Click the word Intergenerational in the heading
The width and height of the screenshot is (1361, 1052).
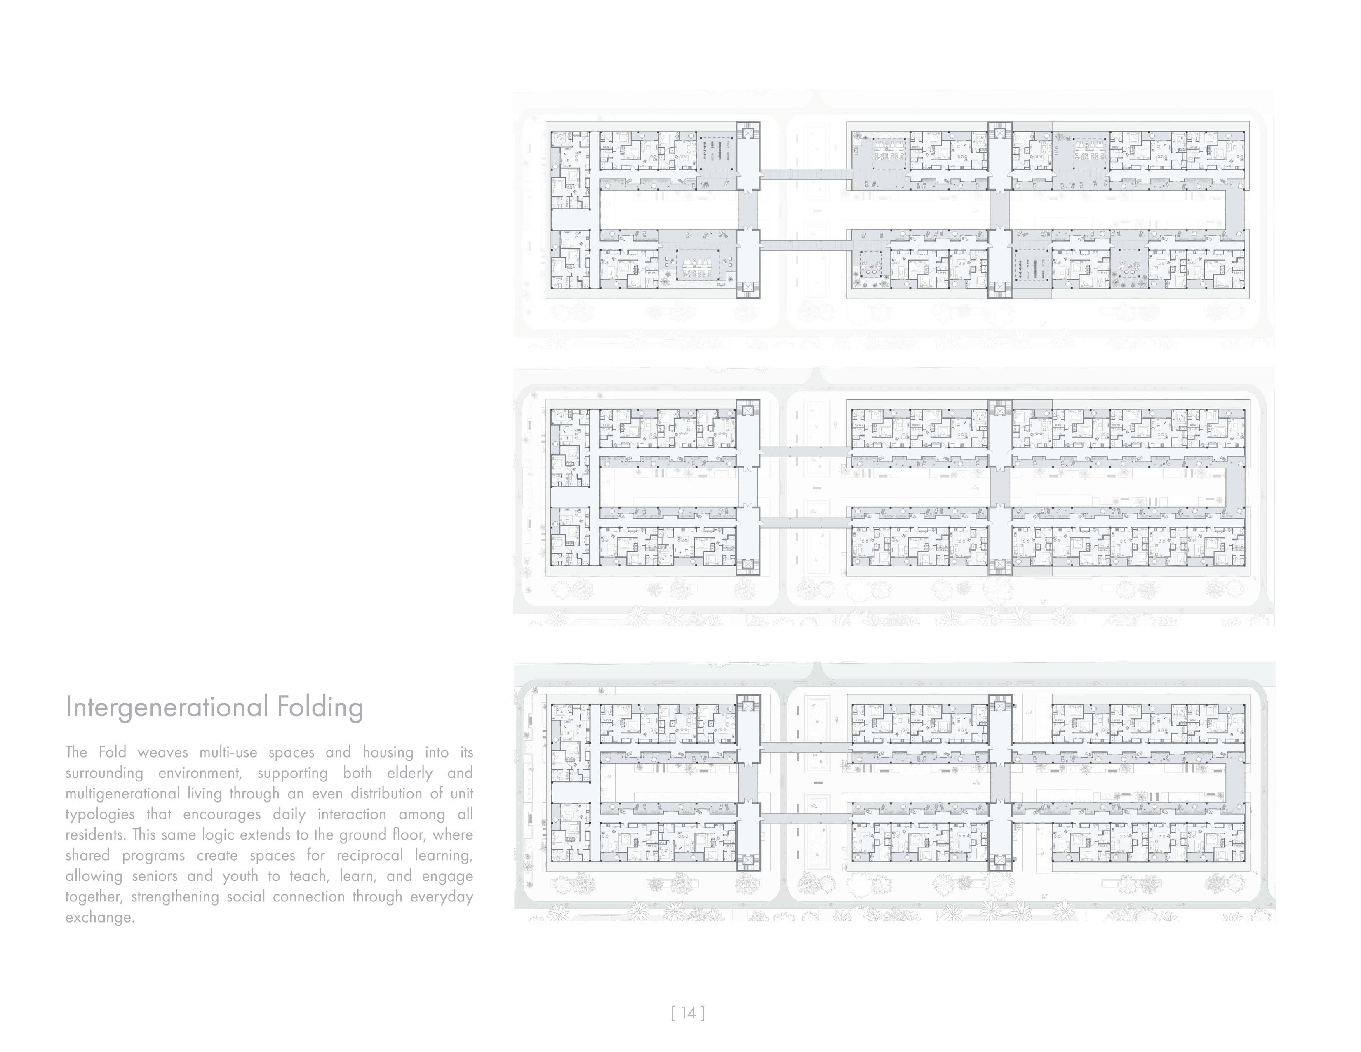[x=167, y=707]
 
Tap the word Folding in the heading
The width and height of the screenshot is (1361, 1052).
[x=320, y=707]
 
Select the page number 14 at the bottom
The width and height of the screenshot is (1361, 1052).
[x=688, y=1013]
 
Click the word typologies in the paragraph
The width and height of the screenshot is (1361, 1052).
[x=100, y=814]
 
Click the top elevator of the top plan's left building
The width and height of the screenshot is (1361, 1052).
[x=748, y=133]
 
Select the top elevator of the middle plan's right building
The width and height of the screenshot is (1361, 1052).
[x=999, y=411]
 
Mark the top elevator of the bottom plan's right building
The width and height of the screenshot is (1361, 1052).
[x=999, y=706]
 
